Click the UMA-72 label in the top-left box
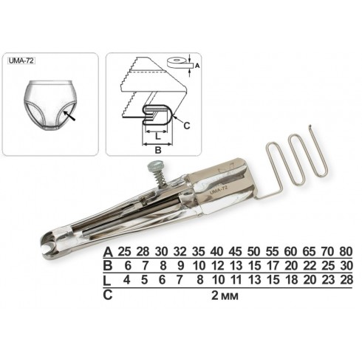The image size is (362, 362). (x=21, y=61)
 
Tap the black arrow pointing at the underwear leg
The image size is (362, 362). (x=69, y=116)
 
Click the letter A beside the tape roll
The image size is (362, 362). (x=197, y=66)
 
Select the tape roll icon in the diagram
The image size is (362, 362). (x=180, y=63)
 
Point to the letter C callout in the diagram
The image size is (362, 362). (x=187, y=126)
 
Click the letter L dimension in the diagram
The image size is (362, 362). (x=158, y=136)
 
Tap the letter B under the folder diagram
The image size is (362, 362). (x=158, y=150)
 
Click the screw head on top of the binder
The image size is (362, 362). (x=153, y=167)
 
